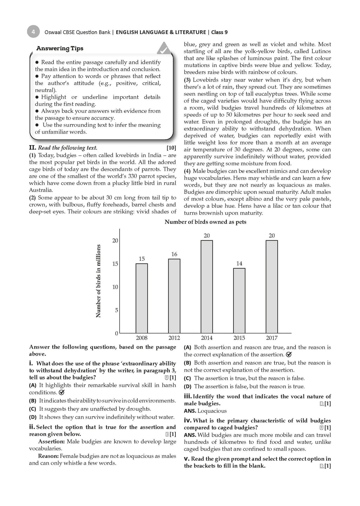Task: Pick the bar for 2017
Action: pyautogui.click(x=272, y=286)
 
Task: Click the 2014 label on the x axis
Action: pyautogui.click(x=207, y=338)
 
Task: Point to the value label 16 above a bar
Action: pyautogui.click(x=174, y=254)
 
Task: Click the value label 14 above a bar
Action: pyautogui.click(x=239, y=264)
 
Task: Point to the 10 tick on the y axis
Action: pyautogui.click(x=115, y=287)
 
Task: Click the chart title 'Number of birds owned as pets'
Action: pyautogui.click(x=205, y=222)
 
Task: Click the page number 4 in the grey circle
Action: pyautogui.click(x=33, y=32)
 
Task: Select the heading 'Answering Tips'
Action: pyautogui.click(x=60, y=48)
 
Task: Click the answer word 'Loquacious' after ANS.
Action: pyautogui.click(x=212, y=411)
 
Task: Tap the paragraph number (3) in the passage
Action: pyautogui.click(x=188, y=80)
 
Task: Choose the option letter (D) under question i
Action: pyautogui.click(x=33, y=417)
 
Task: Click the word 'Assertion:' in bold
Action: pyautogui.click(x=52, y=442)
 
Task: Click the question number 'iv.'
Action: pyautogui.click(x=187, y=421)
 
